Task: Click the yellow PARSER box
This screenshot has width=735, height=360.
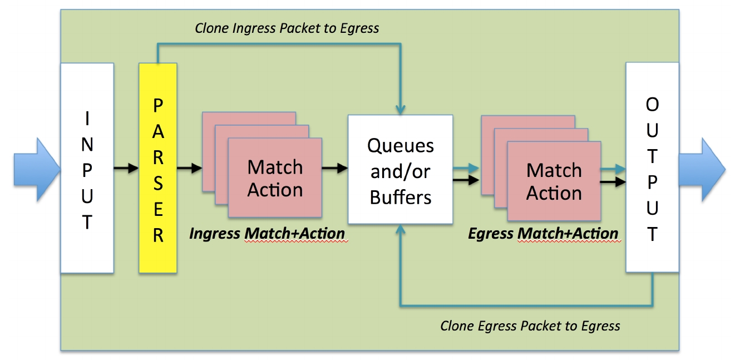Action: pyautogui.click(x=158, y=167)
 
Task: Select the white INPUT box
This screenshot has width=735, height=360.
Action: pyautogui.click(x=87, y=167)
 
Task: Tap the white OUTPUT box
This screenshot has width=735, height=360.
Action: pyautogui.click(x=652, y=167)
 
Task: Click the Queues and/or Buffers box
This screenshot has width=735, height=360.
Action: pyautogui.click(x=400, y=169)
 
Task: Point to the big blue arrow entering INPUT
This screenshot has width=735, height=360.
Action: pyautogui.click(x=37, y=169)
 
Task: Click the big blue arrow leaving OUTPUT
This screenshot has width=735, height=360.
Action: pyautogui.click(x=702, y=169)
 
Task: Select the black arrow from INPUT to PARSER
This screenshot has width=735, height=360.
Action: pyautogui.click(x=126, y=168)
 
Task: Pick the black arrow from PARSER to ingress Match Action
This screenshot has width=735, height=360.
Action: pyautogui.click(x=189, y=168)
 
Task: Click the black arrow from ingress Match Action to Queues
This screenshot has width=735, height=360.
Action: pyautogui.click(x=335, y=168)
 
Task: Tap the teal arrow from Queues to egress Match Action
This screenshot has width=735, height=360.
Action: pyautogui.click(x=466, y=168)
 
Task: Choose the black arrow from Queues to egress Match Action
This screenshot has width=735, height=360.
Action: pyautogui.click(x=466, y=180)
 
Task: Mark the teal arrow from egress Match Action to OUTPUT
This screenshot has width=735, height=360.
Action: pyautogui.click(x=613, y=169)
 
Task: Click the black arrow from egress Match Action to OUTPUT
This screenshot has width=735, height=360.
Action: pyautogui.click(x=613, y=181)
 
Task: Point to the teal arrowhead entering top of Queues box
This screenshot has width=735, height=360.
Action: pyautogui.click(x=400, y=110)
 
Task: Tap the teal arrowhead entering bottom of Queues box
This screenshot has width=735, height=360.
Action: pyautogui.click(x=400, y=229)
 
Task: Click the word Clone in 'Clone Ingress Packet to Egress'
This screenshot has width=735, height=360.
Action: pyautogui.click(x=211, y=28)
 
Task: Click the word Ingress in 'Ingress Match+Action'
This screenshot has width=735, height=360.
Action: pyautogui.click(x=215, y=234)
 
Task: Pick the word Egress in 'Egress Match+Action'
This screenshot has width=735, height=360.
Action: pyautogui.click(x=490, y=234)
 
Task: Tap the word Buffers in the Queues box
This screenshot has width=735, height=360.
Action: pyautogui.click(x=400, y=197)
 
